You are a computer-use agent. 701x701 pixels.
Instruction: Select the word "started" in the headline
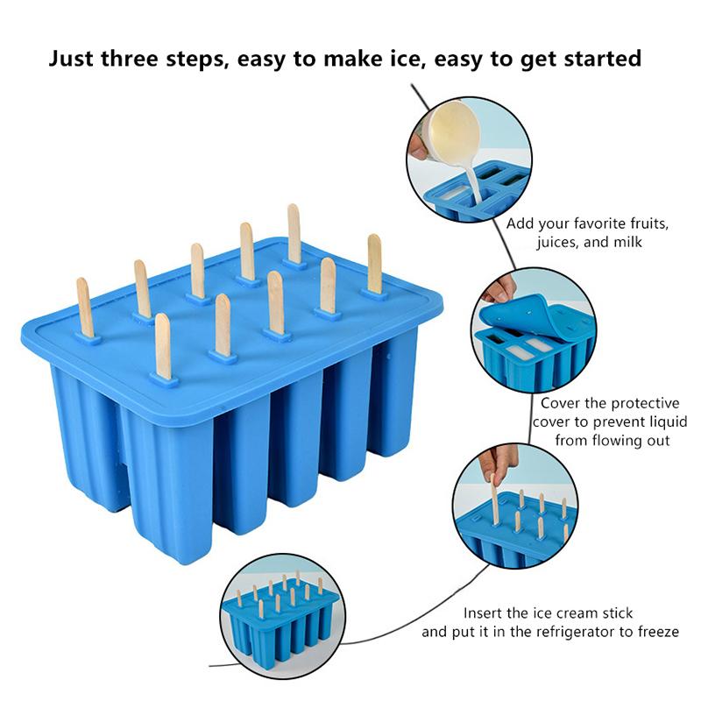(x=603, y=59)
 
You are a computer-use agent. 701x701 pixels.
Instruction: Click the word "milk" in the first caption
(x=627, y=242)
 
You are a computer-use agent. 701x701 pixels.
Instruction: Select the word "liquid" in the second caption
(x=668, y=421)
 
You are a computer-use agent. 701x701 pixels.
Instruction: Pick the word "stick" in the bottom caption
(x=618, y=612)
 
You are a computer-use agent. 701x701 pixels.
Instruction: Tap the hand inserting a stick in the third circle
(x=499, y=465)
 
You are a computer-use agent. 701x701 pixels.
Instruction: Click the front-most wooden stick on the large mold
(x=163, y=347)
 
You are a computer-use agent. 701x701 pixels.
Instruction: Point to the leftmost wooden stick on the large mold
(x=85, y=308)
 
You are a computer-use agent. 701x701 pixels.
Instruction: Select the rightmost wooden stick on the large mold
(x=375, y=264)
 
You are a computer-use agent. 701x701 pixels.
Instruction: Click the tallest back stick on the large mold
(x=294, y=234)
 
